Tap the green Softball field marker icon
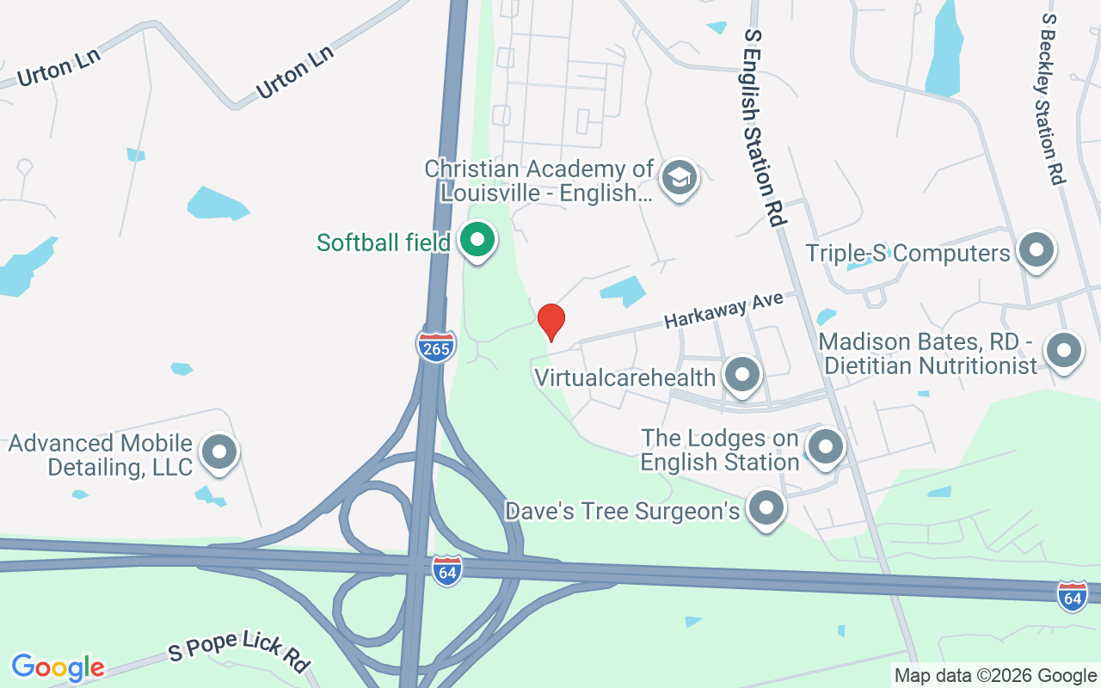(x=476, y=241)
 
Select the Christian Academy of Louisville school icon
(x=680, y=179)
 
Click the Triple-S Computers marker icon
(x=1036, y=252)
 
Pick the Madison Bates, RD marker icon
(x=1063, y=352)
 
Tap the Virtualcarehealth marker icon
(x=741, y=376)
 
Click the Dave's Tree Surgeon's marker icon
(x=766, y=510)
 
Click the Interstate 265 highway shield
(x=436, y=346)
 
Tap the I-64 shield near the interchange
(x=447, y=571)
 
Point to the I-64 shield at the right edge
(x=1073, y=595)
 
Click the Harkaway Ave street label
(x=723, y=309)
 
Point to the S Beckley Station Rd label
(x=1053, y=99)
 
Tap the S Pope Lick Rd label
(x=239, y=650)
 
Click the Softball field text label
(x=383, y=243)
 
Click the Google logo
(x=58, y=667)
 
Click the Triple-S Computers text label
(x=907, y=253)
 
